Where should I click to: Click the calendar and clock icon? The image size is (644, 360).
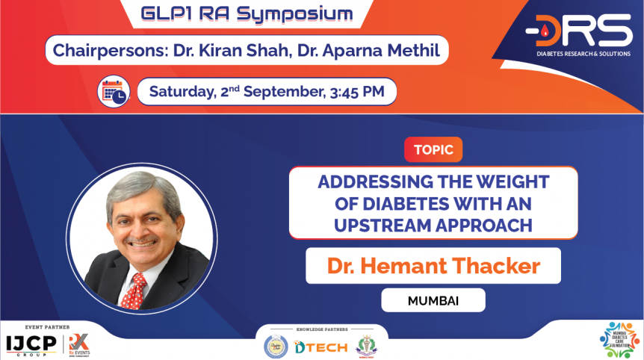tap(114, 92)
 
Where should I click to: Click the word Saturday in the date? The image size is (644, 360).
tap(180, 92)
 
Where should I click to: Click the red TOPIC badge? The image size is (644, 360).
tap(433, 149)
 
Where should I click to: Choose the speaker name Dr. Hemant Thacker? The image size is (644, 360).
tap(433, 266)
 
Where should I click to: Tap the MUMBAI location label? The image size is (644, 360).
tap(433, 300)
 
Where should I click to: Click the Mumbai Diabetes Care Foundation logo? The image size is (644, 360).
tap(620, 341)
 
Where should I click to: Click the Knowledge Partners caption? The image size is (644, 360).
tap(322, 329)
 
